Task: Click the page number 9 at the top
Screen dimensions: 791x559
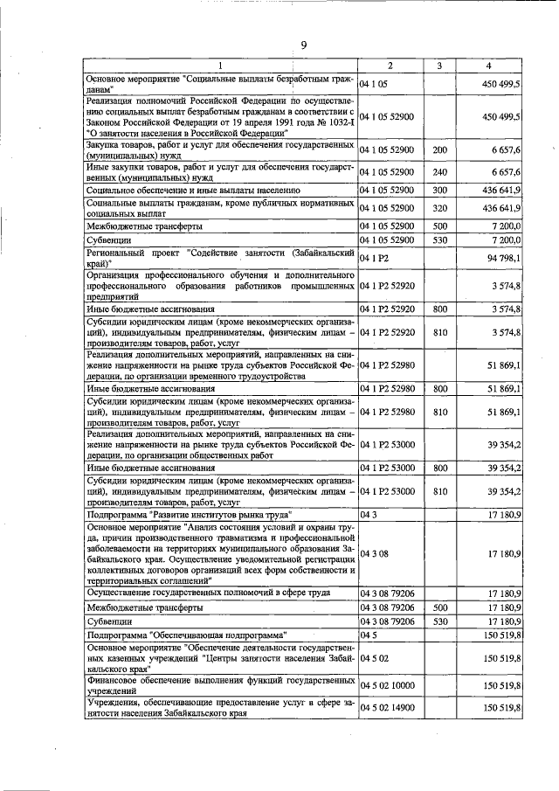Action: pyautogui.click(x=303, y=45)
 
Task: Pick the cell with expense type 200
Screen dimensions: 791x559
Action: pyautogui.click(x=440, y=150)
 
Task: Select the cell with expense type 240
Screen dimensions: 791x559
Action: pyautogui.click(x=440, y=172)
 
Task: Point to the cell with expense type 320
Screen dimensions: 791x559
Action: pyautogui.click(x=440, y=208)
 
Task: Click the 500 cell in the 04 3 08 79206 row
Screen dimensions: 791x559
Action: pyautogui.click(x=440, y=606)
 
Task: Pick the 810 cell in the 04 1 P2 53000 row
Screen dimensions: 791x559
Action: pyautogui.click(x=440, y=493)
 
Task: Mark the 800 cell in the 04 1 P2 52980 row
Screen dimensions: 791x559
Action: pyautogui.click(x=440, y=389)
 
